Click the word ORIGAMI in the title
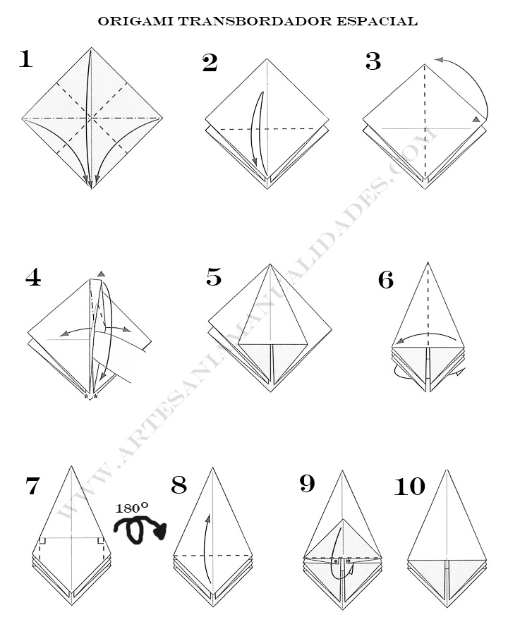134,21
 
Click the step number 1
25,59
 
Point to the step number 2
210,63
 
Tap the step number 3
373,62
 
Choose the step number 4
33,278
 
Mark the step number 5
214,277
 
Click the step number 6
386,281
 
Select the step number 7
32,487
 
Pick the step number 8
179,485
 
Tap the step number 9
307,484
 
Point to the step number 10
409,487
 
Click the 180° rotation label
132,507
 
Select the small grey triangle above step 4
102,274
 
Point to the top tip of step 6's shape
428,263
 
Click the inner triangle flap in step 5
272,310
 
